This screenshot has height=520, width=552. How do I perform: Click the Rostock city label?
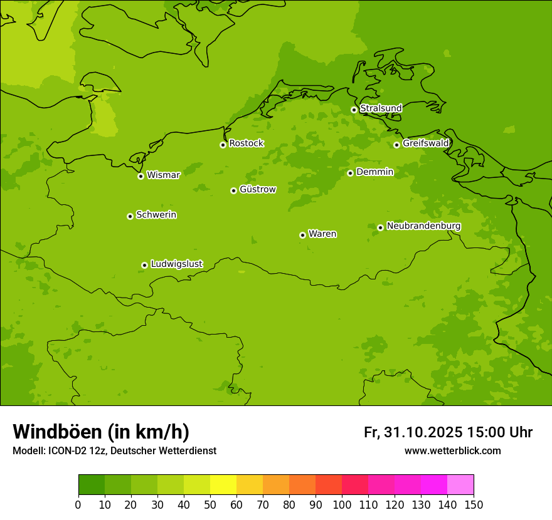246,143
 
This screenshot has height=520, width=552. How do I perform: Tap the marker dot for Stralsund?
354,110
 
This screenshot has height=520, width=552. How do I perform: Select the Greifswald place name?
425,143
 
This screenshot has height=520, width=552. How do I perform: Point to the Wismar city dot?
141,176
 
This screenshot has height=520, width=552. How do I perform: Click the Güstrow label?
257,189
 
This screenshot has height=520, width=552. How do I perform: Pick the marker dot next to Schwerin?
130,216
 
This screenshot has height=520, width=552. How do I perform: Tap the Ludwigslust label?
176,264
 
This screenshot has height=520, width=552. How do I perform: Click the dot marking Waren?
302,235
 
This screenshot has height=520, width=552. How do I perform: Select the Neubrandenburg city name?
423,226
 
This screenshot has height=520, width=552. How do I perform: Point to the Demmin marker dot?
350,173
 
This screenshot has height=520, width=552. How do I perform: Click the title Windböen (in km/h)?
100,432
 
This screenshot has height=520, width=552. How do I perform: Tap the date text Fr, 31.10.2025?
413,432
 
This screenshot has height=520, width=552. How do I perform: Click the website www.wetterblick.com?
452,451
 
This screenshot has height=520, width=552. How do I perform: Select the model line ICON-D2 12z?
114,451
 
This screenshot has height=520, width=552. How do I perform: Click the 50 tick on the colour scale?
210,504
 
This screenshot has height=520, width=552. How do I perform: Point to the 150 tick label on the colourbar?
474,504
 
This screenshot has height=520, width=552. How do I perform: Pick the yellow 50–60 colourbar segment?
223,485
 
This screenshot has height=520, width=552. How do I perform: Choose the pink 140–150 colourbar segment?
460,485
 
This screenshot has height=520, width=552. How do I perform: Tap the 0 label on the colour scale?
78,504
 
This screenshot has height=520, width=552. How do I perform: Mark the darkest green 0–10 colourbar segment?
92,485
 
